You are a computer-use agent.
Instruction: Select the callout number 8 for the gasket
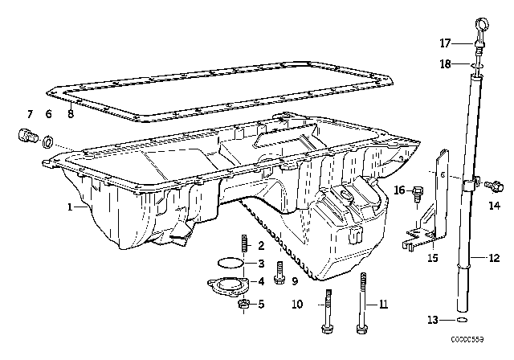71,115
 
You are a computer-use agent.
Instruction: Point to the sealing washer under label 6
49,143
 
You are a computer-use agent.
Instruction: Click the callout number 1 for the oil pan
71,207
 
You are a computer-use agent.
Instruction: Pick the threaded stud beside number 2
243,244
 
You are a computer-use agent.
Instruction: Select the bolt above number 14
494,186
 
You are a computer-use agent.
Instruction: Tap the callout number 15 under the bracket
432,258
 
